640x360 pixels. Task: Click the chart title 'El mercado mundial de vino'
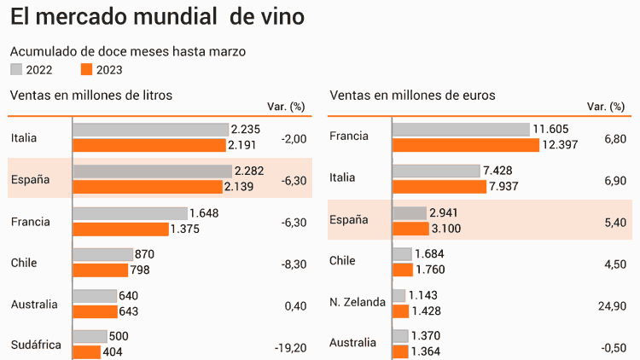(157, 16)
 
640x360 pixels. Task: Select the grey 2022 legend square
(16, 70)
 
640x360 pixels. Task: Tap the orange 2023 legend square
(85, 70)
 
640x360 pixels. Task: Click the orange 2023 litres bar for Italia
(150, 145)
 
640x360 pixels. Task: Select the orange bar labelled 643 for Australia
(94, 311)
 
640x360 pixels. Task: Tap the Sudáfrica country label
(37, 345)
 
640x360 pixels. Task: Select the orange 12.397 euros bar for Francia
(466, 145)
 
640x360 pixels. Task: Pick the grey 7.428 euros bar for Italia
(436, 171)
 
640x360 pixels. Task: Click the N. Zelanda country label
(358, 302)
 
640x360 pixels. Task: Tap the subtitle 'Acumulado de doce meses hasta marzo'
(128, 51)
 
